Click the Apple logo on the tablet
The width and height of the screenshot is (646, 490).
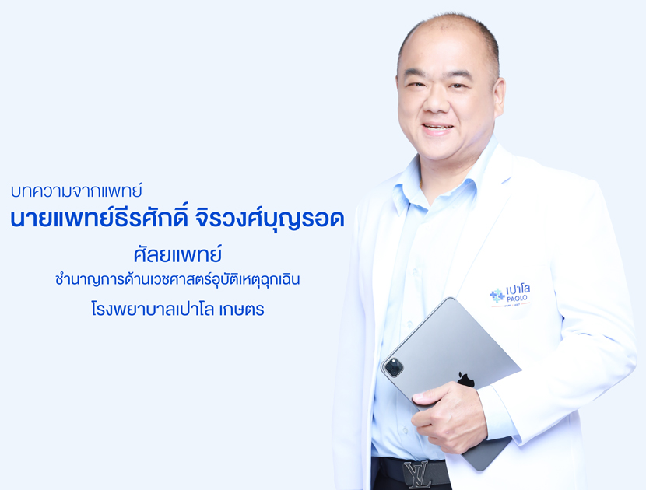pos(466,380)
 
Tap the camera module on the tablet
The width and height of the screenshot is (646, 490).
pos(394,367)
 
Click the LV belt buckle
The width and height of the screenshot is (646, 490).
pos(418,474)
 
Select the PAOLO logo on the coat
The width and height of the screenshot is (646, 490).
pos(510,295)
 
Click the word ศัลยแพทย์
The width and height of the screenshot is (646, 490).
pos(177,254)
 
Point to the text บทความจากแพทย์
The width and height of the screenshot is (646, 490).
pos(76,191)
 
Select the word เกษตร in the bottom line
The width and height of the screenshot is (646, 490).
pos(241,310)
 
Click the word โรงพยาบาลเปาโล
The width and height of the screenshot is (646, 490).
pos(153,309)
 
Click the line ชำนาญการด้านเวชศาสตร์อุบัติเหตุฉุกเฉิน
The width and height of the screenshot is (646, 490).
pos(177,279)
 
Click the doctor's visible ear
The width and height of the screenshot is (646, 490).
pos(497,98)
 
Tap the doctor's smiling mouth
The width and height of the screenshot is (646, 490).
pos(438,128)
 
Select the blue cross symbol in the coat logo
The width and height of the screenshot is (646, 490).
pos(497,295)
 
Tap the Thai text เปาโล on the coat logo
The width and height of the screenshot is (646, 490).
pos(518,290)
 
